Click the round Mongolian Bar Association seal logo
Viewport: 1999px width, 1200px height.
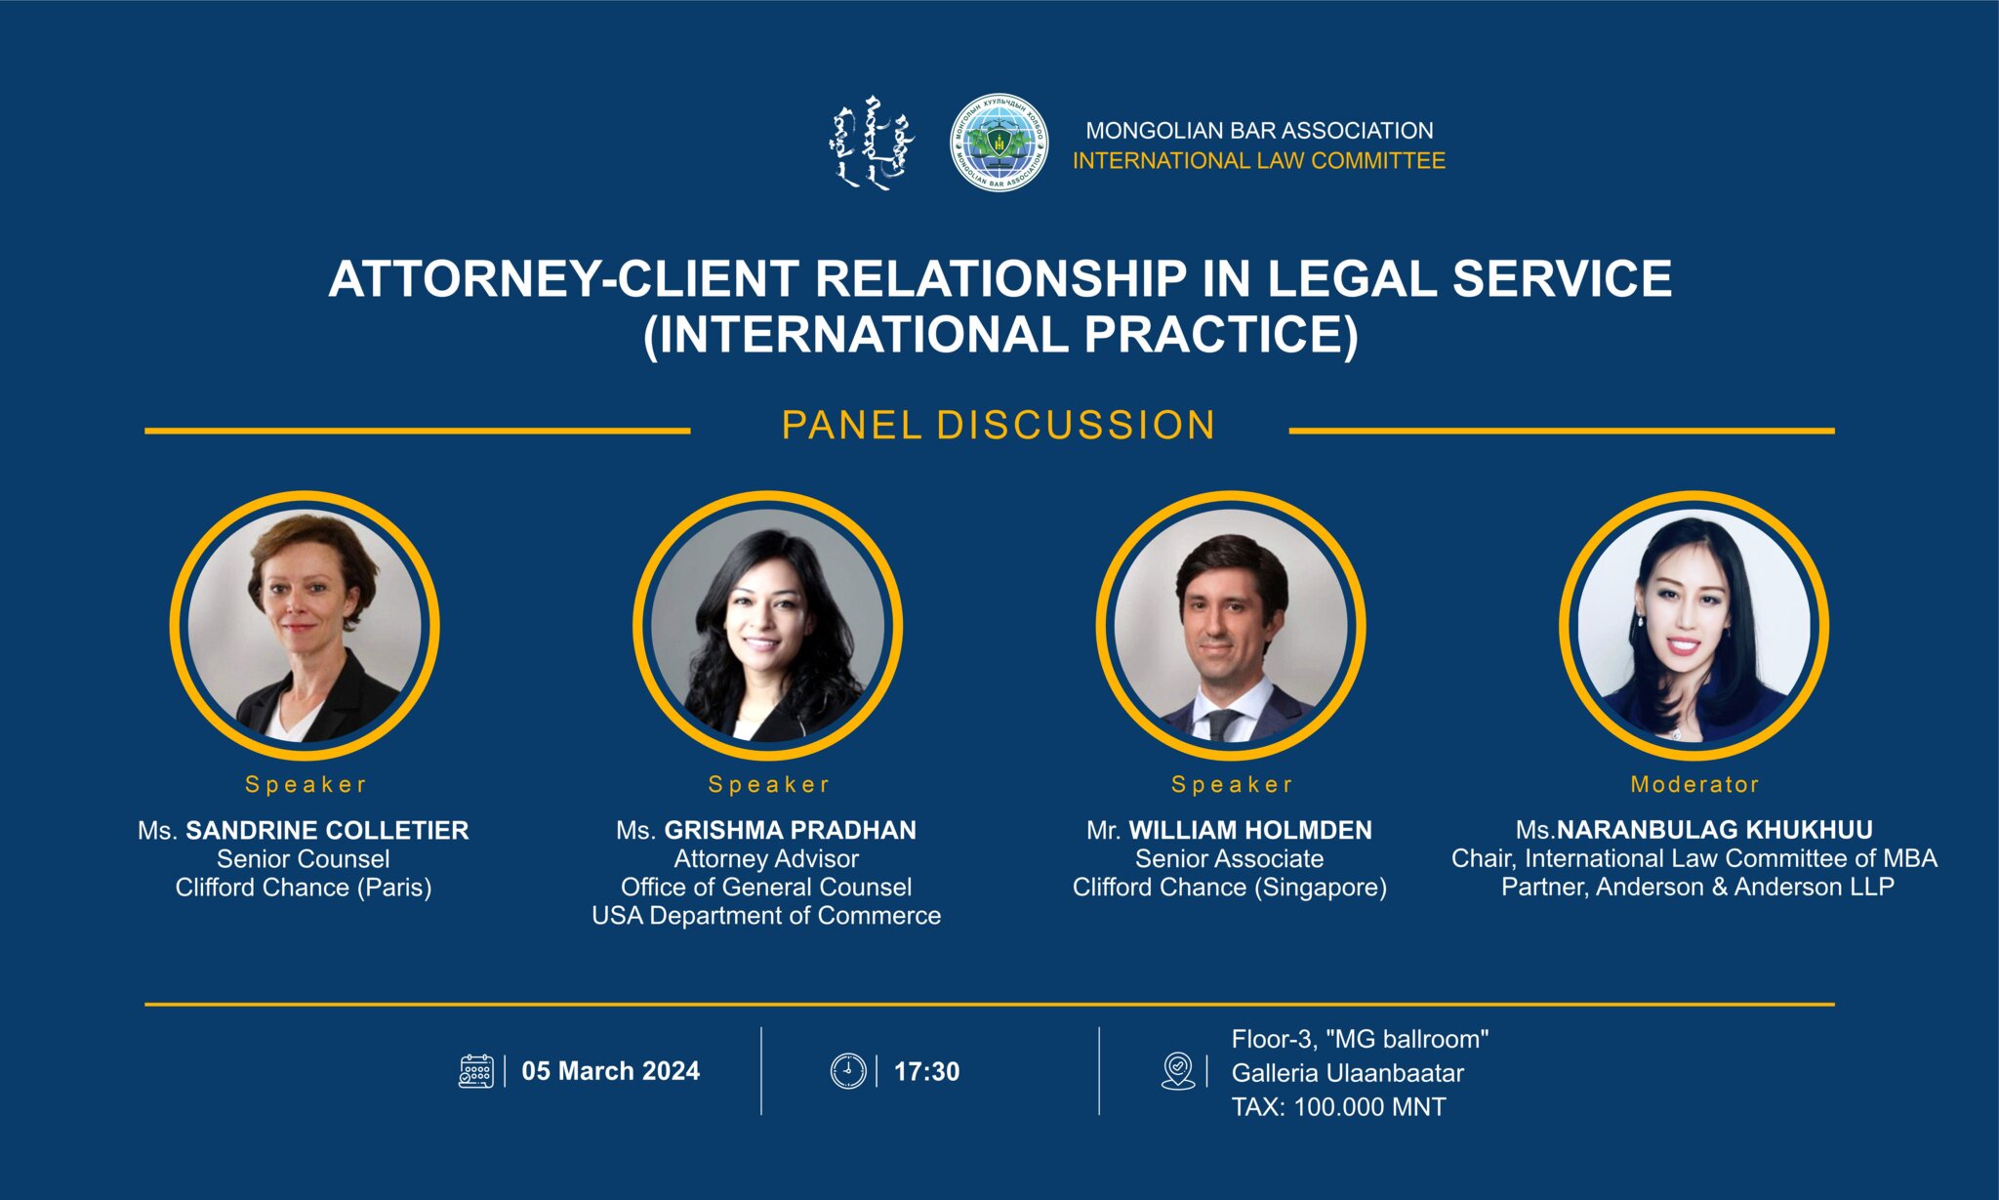coord(999,143)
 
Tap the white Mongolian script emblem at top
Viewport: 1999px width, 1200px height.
coord(873,143)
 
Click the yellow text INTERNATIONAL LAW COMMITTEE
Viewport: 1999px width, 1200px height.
coord(1258,161)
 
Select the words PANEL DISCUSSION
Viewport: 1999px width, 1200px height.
coord(999,426)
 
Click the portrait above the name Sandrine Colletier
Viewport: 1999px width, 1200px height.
coord(305,625)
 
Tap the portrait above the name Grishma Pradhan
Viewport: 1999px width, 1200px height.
coord(767,625)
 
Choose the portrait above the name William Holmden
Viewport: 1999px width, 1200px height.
coord(1230,625)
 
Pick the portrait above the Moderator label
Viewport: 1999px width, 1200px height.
coord(1693,625)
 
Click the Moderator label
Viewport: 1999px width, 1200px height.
coord(1694,784)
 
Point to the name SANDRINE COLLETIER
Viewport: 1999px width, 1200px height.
coord(327,831)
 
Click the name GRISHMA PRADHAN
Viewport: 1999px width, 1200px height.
coord(790,831)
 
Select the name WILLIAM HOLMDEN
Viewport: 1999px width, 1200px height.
coord(1250,831)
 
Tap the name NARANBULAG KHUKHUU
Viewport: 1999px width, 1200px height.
coord(1714,831)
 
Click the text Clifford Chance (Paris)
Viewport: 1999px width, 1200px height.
coord(304,888)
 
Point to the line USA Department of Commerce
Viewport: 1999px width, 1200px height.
coord(766,916)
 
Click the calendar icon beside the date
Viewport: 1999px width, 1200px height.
coord(475,1071)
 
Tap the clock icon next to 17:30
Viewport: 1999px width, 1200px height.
coord(847,1071)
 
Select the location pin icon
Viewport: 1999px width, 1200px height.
coord(1178,1071)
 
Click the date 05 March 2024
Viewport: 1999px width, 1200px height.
coord(610,1071)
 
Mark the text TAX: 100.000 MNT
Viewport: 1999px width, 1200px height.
coord(1338,1107)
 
